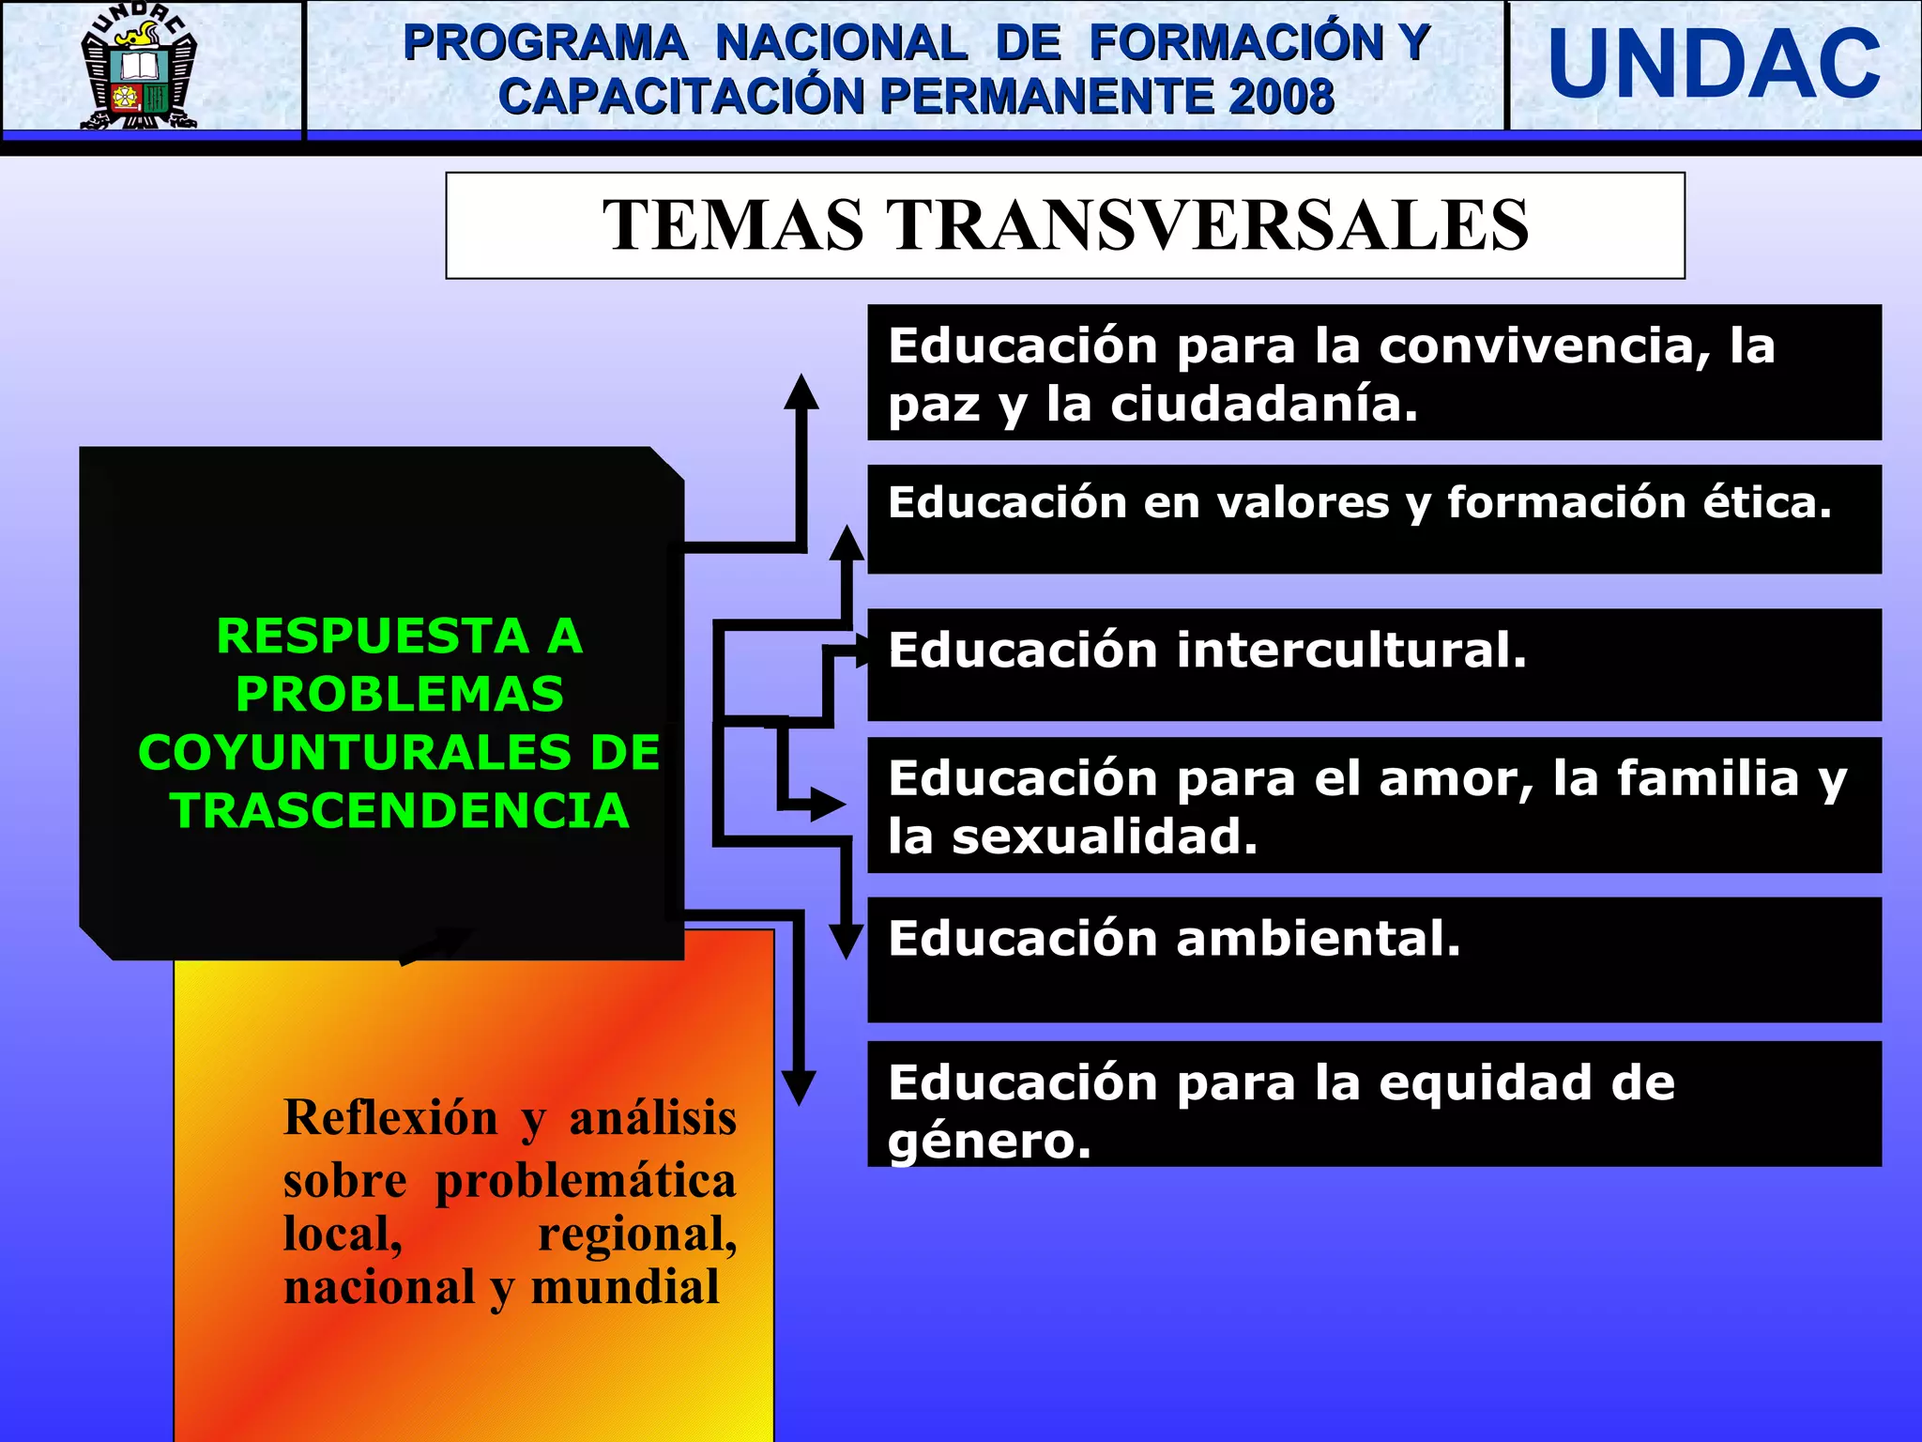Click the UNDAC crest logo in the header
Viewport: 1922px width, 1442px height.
[x=140, y=66]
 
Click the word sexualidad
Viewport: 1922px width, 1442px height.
[x=1105, y=836]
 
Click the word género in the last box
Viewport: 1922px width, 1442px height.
[x=989, y=1142]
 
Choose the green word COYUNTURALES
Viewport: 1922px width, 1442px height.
[x=399, y=753]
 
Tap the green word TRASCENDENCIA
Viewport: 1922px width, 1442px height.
[x=400, y=811]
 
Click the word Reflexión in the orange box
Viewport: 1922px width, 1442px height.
[x=390, y=1118]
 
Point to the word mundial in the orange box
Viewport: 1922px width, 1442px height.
[x=625, y=1286]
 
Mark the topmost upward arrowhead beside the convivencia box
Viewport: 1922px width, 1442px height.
[x=801, y=391]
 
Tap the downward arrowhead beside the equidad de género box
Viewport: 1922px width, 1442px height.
[x=799, y=1088]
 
